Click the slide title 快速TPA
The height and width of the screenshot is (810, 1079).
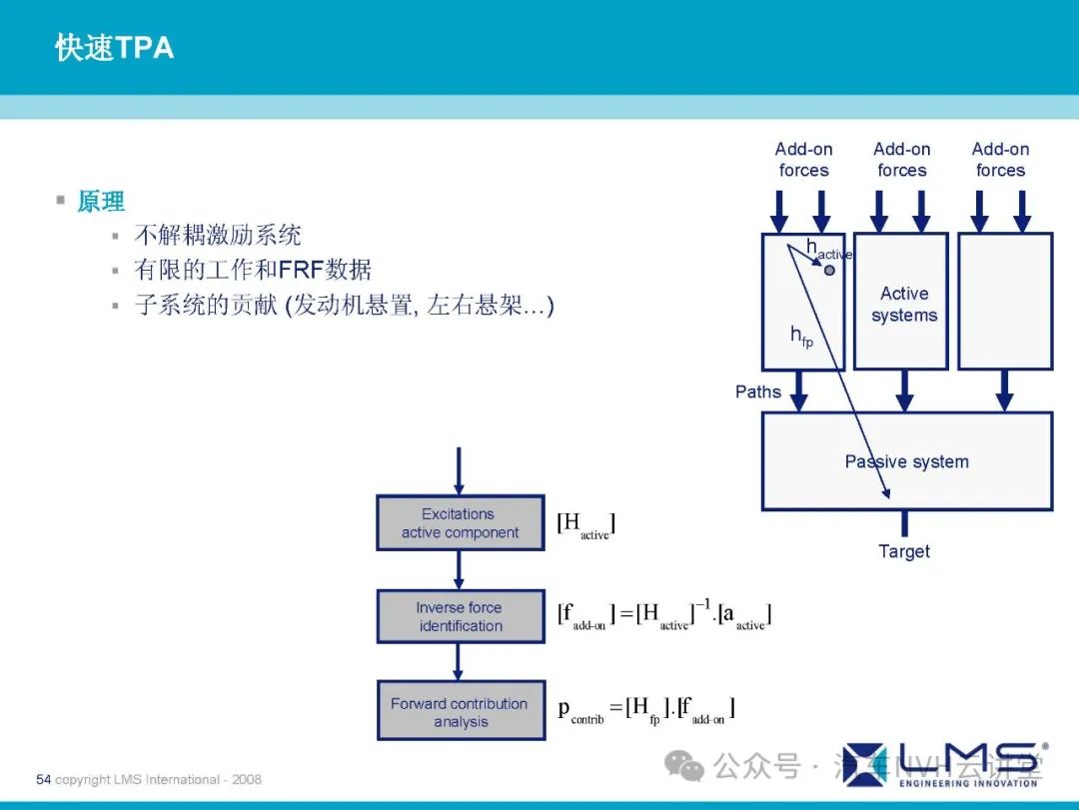point(114,47)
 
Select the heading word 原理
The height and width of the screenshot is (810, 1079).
point(101,202)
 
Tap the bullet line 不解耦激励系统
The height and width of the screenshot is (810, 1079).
point(218,236)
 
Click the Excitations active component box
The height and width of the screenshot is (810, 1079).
point(460,523)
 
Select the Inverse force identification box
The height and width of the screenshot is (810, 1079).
point(460,616)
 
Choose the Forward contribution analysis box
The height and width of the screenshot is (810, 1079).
point(460,711)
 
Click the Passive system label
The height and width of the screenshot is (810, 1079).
point(906,461)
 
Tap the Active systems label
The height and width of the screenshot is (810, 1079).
point(904,304)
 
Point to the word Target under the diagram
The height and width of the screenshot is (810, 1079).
point(904,551)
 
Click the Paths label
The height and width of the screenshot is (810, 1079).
point(758,392)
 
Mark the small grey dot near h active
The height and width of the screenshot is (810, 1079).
point(829,270)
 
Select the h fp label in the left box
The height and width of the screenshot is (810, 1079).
point(801,337)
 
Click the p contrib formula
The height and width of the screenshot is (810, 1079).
point(646,710)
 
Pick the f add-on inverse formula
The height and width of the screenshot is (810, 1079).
point(664,615)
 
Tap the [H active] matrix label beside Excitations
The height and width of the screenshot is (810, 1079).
point(585,524)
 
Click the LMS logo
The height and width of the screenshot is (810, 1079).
point(944,762)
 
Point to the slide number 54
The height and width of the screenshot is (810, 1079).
point(43,779)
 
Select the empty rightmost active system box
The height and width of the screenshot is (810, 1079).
point(1005,301)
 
